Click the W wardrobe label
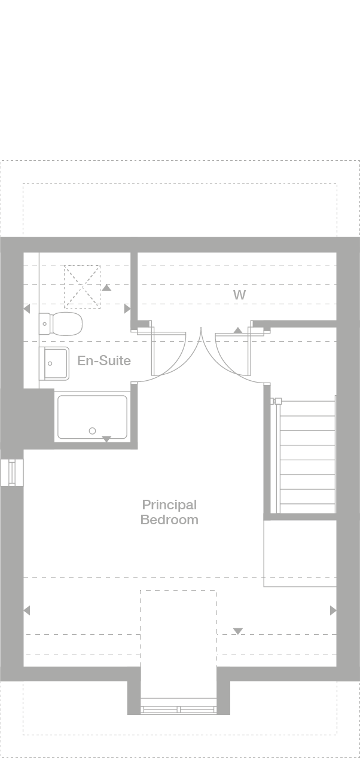(x=239, y=295)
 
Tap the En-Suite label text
(x=103, y=361)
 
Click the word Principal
(x=169, y=505)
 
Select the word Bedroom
(x=169, y=520)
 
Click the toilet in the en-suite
(x=62, y=323)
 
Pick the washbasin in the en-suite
(x=55, y=363)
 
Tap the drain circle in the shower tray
(x=92, y=430)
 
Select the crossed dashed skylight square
(x=82, y=286)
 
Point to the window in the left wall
(x=11, y=472)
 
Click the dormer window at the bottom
(x=178, y=709)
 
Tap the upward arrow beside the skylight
(x=106, y=288)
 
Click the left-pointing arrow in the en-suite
(x=26, y=309)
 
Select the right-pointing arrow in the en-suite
(x=127, y=309)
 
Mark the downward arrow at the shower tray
(x=106, y=439)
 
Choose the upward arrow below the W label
(x=238, y=330)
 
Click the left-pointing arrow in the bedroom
(x=26, y=610)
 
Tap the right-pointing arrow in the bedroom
(x=332, y=610)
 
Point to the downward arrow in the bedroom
(x=238, y=631)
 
